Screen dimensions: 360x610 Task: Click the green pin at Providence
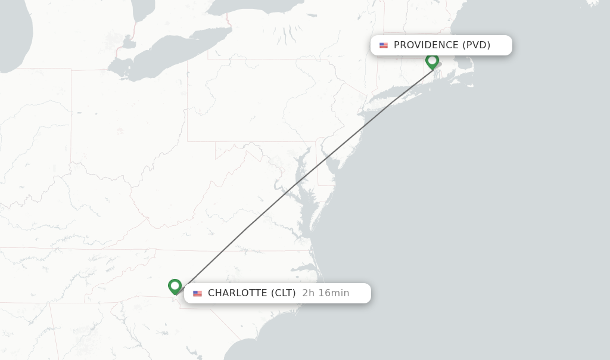tap(432, 61)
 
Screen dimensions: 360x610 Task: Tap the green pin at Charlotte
tap(175, 286)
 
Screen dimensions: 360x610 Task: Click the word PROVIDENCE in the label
tap(426, 45)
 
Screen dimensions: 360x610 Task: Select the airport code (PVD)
tap(476, 45)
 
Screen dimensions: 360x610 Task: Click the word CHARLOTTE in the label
tap(237, 293)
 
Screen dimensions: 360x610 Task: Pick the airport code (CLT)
tap(283, 293)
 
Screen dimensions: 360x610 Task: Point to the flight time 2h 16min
tap(325, 293)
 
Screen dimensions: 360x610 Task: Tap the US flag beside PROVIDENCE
tap(384, 45)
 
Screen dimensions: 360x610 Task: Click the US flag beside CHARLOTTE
tap(197, 293)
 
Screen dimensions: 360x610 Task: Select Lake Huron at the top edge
tap(143, 7)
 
